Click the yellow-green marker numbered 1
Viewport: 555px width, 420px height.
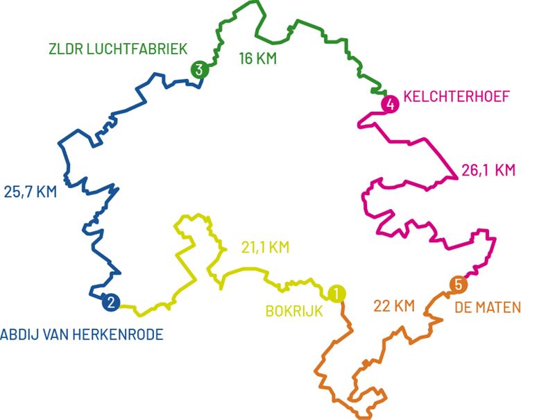pyautogui.click(x=336, y=293)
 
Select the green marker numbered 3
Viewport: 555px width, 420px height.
pyautogui.click(x=199, y=69)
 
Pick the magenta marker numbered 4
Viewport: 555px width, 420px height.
pyautogui.click(x=391, y=105)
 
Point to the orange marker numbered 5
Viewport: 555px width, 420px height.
pyautogui.click(x=457, y=285)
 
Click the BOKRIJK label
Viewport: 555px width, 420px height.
pyautogui.click(x=294, y=311)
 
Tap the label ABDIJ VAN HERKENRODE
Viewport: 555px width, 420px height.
pyautogui.click(x=81, y=335)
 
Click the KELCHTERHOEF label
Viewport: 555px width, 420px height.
pyautogui.click(x=455, y=98)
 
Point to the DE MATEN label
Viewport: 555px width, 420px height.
pyautogui.click(x=487, y=307)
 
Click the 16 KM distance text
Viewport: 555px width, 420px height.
pyautogui.click(x=257, y=59)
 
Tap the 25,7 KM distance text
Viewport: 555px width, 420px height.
pyautogui.click(x=30, y=192)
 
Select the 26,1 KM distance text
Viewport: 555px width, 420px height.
pyautogui.click(x=488, y=169)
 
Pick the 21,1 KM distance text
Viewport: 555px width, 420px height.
pyautogui.click(x=265, y=246)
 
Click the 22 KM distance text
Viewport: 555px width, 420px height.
pyautogui.click(x=394, y=306)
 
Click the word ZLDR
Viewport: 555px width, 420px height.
pyautogui.click(x=62, y=49)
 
